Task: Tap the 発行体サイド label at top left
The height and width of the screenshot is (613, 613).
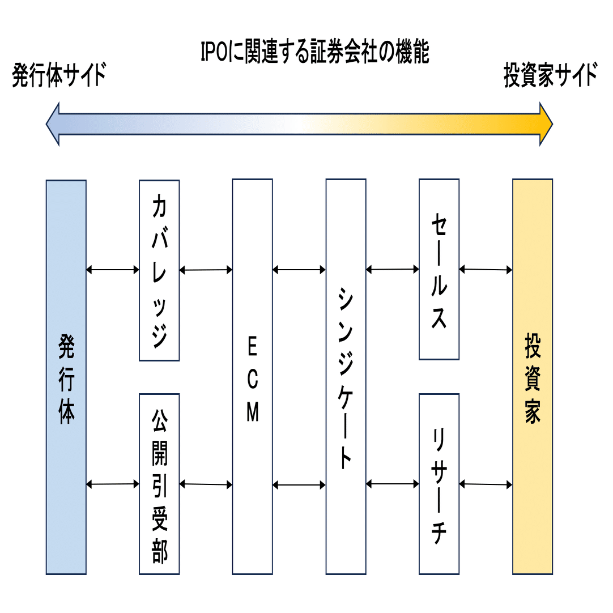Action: point(59,76)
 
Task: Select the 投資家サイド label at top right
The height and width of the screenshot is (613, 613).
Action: point(551,76)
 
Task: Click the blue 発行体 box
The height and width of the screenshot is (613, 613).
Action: point(66,377)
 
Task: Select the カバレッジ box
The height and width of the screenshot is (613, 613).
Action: point(159,270)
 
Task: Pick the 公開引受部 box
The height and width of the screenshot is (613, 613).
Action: point(159,484)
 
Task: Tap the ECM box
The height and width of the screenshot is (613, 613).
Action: point(253,377)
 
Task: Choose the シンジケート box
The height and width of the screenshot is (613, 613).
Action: point(346,377)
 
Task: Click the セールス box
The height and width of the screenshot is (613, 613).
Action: point(439,270)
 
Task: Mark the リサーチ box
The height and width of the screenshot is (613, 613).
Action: point(439,484)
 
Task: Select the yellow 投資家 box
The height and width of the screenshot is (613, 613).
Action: point(533,377)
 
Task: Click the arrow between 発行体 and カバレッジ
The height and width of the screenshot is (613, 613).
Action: point(113,270)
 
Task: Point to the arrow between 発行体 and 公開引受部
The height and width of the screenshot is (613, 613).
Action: point(113,484)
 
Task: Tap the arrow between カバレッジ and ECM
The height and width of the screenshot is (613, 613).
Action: point(206,270)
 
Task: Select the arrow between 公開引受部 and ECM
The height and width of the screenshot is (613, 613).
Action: point(206,484)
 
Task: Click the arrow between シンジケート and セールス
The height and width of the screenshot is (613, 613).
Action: point(393,270)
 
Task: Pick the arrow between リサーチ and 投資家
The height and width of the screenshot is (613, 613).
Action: point(486,484)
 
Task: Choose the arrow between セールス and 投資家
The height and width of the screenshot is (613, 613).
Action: point(486,270)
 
